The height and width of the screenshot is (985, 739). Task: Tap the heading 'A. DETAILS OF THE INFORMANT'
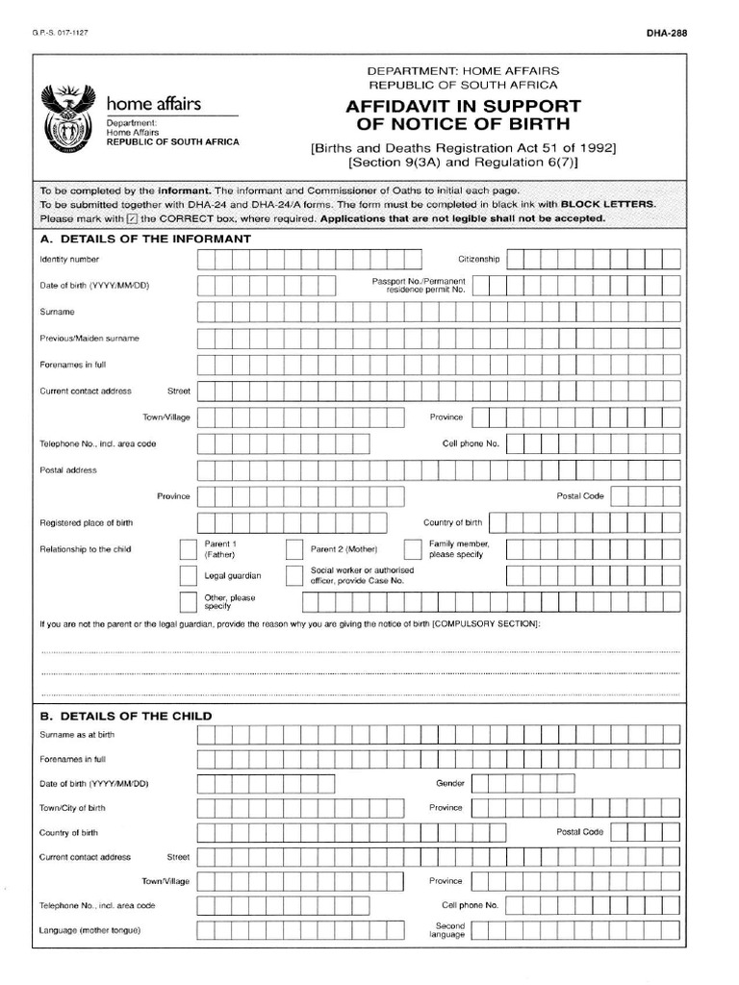tap(145, 239)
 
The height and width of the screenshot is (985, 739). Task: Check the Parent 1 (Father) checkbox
tap(188, 550)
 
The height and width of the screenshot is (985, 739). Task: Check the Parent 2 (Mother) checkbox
tap(293, 550)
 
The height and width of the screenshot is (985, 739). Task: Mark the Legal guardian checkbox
tap(188, 576)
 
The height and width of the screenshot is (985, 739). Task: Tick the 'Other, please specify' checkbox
tap(188, 602)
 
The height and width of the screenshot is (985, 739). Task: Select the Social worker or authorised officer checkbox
tap(293, 576)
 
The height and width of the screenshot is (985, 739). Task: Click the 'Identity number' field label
tap(69, 260)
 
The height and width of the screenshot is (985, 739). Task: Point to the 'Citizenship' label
tap(478, 260)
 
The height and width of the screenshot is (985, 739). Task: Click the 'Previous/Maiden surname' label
tap(89, 339)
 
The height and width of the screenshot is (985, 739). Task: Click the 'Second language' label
tap(447, 930)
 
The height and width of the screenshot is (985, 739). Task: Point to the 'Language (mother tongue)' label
tap(90, 931)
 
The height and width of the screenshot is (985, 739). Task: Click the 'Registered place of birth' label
tap(87, 523)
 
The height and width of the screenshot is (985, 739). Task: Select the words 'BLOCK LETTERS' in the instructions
tap(608, 205)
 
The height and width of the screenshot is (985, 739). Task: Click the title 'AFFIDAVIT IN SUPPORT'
tap(463, 107)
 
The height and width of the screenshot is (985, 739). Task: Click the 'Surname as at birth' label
tap(77, 735)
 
